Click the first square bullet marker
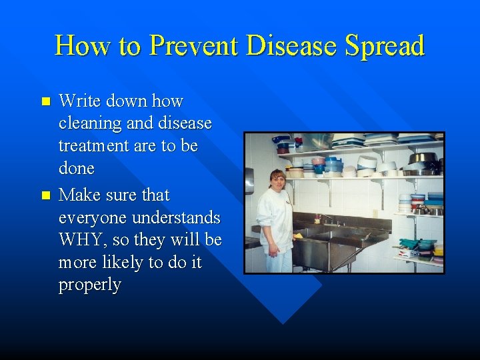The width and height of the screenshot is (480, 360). coord(45,102)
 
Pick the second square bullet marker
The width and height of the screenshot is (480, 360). coord(45,196)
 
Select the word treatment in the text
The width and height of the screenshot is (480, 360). coord(93,146)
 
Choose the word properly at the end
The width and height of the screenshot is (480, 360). coord(90,285)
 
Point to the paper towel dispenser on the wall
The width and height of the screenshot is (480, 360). coord(249,180)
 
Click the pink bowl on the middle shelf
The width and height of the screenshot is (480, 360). coord(317,161)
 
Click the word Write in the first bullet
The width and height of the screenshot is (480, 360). coord(77,101)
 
